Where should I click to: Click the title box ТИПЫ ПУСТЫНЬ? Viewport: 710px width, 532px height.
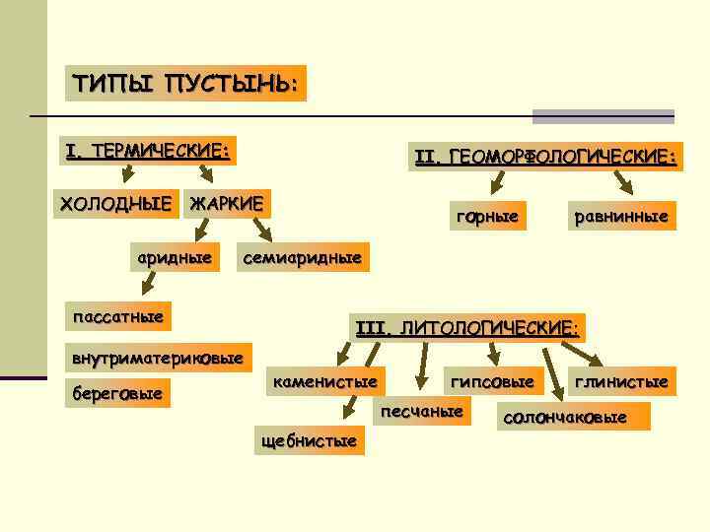[185, 82]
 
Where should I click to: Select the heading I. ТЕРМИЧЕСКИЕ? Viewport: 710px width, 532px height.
[147, 151]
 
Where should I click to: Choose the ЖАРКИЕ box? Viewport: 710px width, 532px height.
[228, 204]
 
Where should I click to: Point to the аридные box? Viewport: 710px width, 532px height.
[175, 257]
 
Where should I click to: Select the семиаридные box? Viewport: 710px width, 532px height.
[302, 257]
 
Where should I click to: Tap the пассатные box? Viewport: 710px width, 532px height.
[117, 314]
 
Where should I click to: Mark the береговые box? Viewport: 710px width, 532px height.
[116, 393]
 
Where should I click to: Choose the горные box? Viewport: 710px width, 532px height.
[485, 215]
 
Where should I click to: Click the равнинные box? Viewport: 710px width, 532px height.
[621, 215]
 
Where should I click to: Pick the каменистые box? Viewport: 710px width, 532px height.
[324, 380]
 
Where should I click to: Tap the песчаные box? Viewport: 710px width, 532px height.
[422, 410]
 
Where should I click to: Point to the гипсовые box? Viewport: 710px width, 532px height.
[492, 380]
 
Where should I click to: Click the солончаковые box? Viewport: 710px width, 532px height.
[576, 417]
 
